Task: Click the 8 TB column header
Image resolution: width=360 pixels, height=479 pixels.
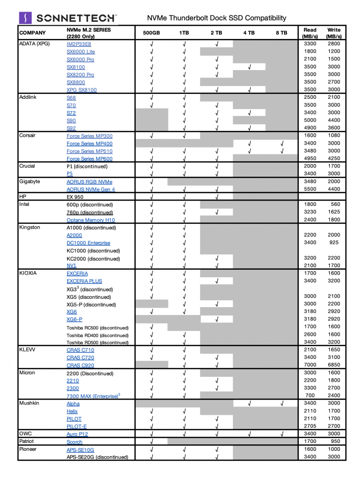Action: coord(281,33)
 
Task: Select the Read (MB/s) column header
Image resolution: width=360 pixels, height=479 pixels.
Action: coord(309,33)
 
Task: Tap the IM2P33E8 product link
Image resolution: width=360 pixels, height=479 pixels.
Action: coord(79,44)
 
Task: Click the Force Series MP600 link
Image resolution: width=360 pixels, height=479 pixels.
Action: coord(90,159)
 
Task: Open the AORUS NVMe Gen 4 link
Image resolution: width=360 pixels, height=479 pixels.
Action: coord(91,189)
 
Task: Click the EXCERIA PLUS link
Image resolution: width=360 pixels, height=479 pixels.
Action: coord(84,281)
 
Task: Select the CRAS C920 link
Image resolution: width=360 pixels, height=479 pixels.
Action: coord(80,365)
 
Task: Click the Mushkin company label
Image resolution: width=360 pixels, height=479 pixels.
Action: coord(29,403)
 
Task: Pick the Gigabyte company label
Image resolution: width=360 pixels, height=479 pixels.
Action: coord(30,182)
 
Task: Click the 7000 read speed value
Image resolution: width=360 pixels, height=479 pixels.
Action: coord(310,365)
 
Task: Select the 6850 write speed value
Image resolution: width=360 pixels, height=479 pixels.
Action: coord(334,365)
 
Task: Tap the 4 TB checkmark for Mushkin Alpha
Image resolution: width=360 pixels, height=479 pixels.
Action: coord(249,403)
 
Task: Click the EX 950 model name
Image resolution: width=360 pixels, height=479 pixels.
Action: coord(76,197)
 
